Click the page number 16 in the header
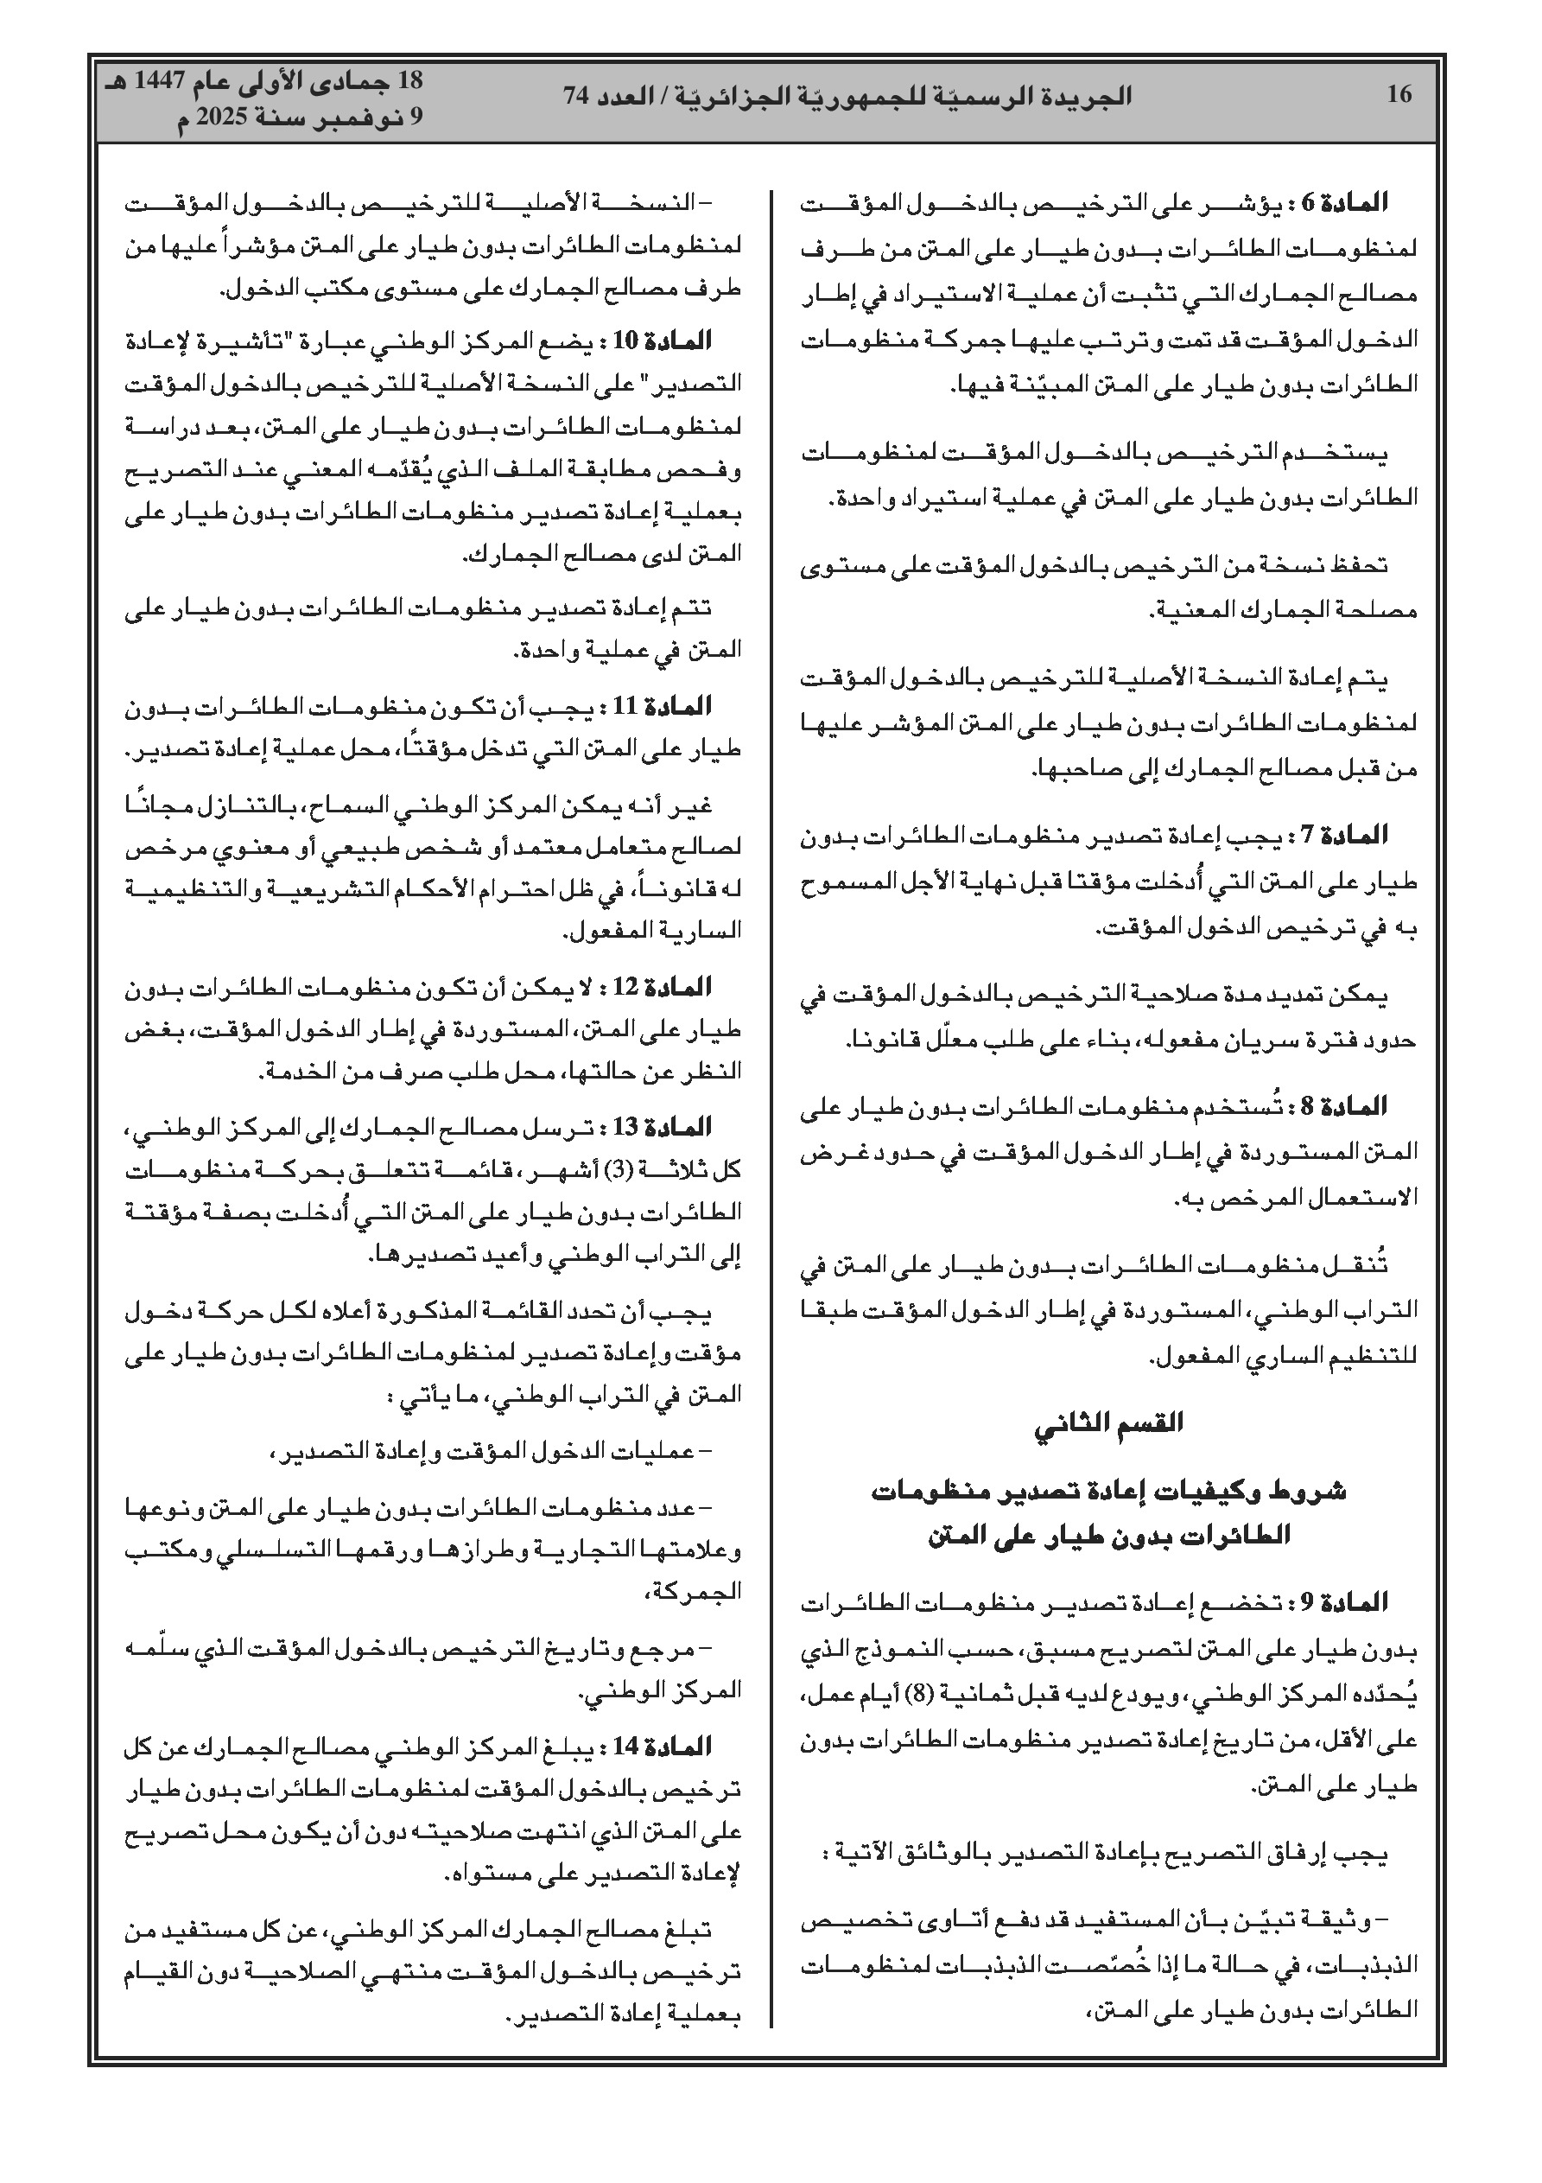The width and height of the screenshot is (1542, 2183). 1399,94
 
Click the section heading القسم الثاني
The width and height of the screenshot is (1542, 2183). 1108,1422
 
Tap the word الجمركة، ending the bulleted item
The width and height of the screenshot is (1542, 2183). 706,1593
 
